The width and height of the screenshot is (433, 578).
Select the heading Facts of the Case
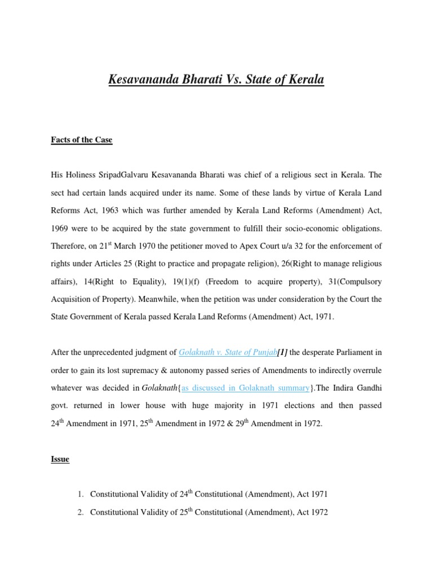[82, 140]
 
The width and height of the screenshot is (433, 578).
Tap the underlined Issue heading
[60, 459]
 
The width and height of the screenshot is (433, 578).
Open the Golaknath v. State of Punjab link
[227, 353]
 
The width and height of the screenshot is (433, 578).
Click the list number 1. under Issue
[81, 494]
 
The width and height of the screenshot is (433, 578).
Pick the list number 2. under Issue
[81, 513]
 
